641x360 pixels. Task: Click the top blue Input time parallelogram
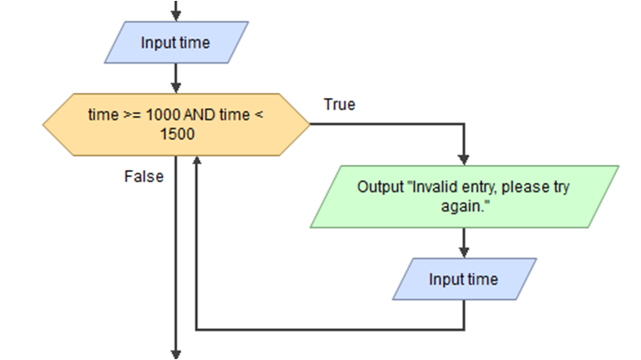[175, 43]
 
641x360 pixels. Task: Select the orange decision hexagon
[176, 124]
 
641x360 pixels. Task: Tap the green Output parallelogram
[465, 197]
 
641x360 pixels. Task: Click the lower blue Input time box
[464, 279]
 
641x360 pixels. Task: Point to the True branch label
[339, 105]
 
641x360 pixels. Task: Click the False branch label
[143, 176]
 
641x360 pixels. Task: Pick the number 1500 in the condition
[177, 134]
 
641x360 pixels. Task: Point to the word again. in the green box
[464, 207]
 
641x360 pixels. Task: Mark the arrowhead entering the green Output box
[465, 160]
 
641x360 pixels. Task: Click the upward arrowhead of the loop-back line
[198, 161]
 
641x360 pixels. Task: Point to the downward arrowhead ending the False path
[176, 353]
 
